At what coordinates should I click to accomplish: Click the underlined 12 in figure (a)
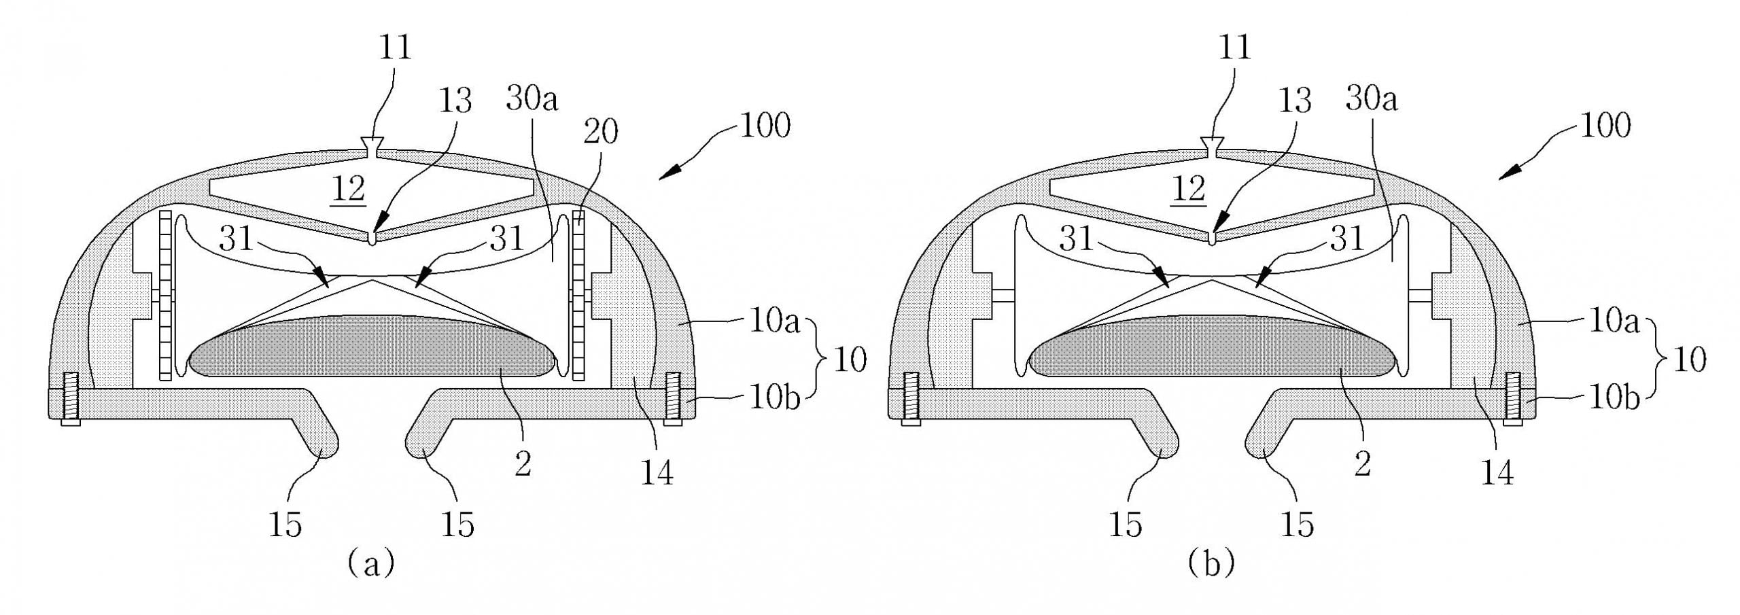point(349,189)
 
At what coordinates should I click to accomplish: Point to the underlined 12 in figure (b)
point(1189,189)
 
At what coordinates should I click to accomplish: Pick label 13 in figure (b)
point(1294,101)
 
